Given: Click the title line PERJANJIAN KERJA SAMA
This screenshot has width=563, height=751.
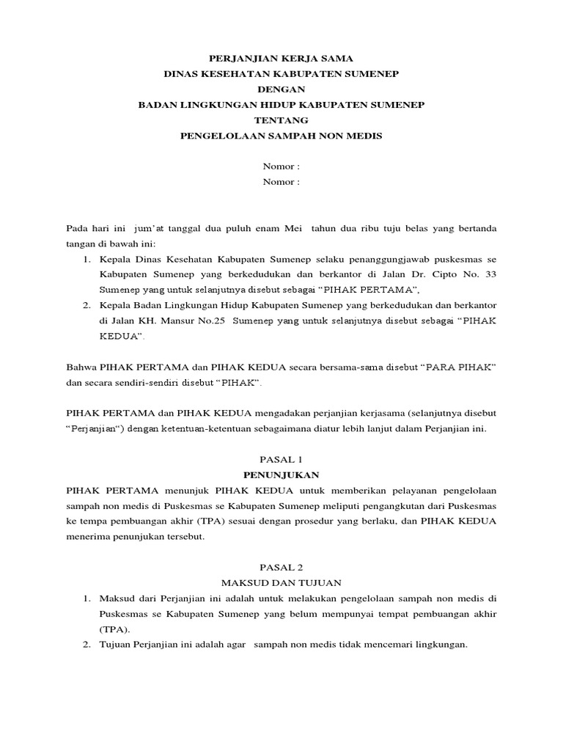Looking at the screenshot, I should point(281,58).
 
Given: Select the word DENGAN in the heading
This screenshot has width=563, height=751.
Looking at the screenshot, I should point(281,89).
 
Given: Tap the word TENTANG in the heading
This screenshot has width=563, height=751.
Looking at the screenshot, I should point(281,120).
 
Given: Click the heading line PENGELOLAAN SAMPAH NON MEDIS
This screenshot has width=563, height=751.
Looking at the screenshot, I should point(281,136).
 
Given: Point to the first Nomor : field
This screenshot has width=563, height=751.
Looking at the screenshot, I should point(281,166).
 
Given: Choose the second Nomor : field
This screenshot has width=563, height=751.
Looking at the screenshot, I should point(281,182).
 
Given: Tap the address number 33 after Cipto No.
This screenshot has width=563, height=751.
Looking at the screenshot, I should point(490,274).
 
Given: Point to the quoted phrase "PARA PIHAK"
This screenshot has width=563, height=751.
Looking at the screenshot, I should point(457,367).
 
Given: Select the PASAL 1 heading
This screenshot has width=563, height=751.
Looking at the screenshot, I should point(281,459).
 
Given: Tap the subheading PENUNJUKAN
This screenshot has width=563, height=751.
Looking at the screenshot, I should point(281,475).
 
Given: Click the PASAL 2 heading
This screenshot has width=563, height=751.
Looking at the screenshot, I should point(281,567).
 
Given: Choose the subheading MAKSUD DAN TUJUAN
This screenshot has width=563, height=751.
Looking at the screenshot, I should point(281,582).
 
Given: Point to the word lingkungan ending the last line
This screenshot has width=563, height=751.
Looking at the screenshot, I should point(441,645).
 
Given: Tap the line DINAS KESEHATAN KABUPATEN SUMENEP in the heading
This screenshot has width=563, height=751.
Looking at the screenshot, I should point(281,73).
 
